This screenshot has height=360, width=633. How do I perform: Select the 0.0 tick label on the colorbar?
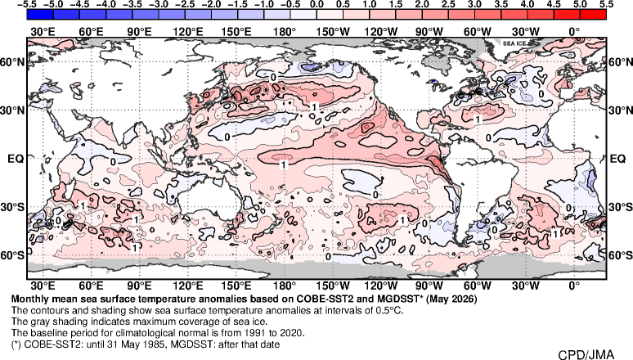316,4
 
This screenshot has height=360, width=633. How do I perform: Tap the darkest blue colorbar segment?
40,14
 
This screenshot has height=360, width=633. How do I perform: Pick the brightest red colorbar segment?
593,14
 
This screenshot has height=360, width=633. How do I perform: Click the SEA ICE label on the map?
514,43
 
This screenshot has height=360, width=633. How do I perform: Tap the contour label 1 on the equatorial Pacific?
284,164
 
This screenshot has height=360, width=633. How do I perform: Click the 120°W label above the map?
380,32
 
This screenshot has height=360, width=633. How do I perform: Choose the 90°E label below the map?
139,286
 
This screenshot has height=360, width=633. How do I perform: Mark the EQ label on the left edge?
16,159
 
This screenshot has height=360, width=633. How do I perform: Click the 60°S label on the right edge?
620,255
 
